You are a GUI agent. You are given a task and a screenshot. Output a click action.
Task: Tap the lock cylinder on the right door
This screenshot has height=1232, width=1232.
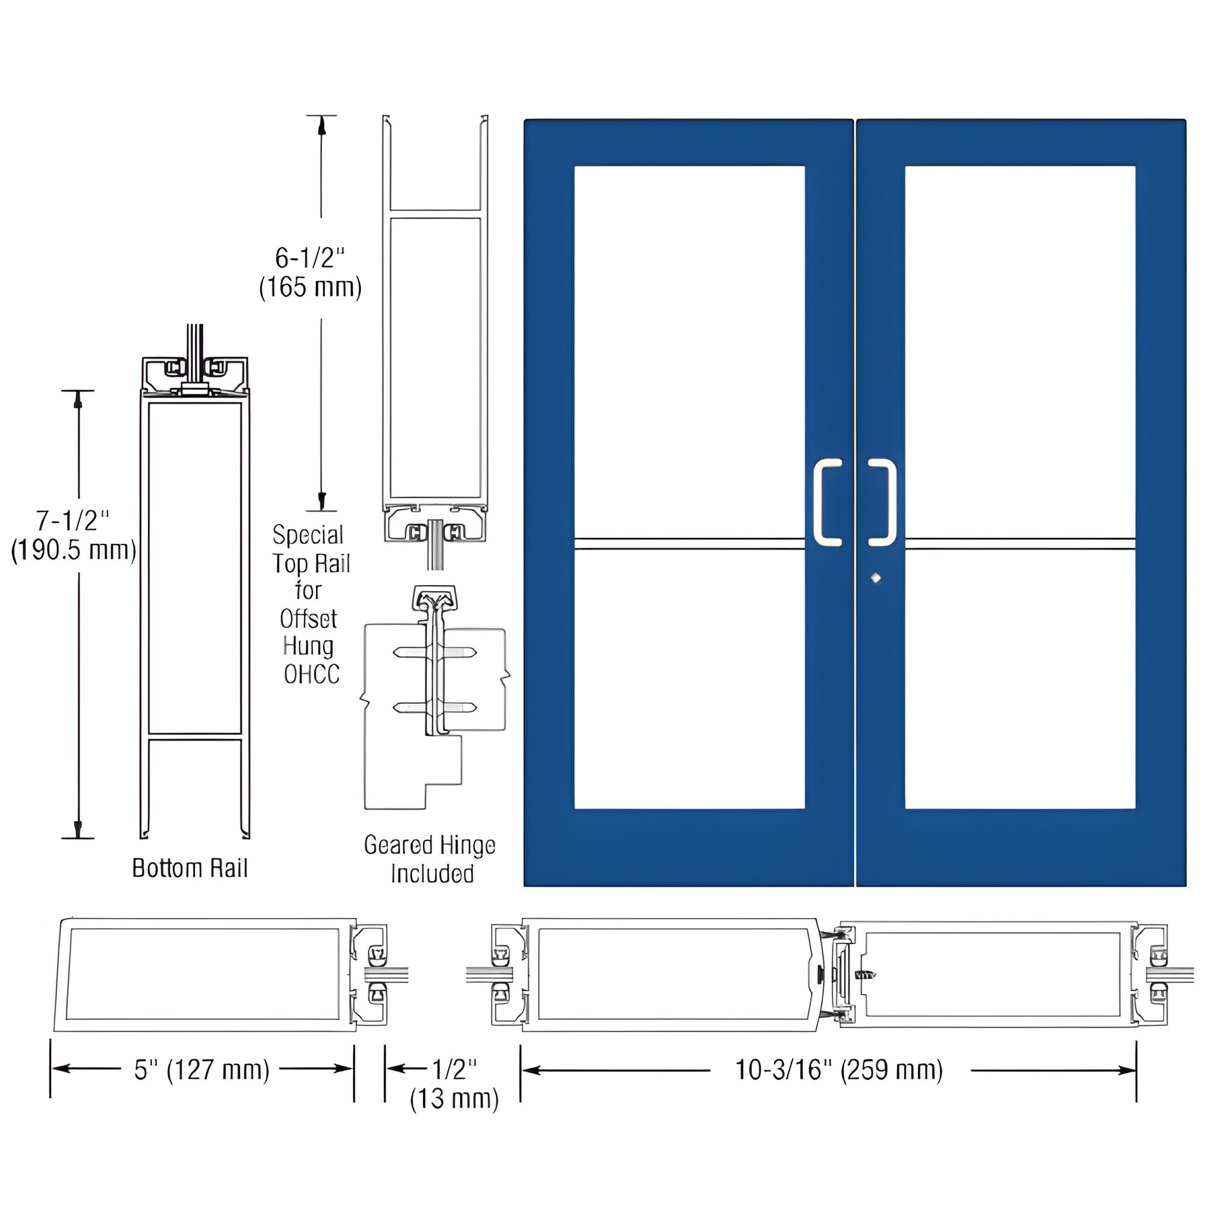[876, 579]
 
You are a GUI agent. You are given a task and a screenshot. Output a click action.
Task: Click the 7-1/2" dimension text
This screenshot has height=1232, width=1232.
[73, 521]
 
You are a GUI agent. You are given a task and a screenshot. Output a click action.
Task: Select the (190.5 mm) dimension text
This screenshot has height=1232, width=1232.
[74, 550]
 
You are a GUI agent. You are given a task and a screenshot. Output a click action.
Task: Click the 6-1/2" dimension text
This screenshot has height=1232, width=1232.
[310, 258]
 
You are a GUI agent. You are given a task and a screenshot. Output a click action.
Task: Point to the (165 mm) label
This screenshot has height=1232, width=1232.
[310, 287]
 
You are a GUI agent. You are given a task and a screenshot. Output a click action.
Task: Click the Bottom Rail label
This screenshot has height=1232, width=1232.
[190, 868]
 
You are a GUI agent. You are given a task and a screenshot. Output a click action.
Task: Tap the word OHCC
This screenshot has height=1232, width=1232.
[311, 674]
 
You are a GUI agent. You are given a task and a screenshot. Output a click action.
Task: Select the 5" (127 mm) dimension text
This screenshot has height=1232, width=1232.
[201, 1069]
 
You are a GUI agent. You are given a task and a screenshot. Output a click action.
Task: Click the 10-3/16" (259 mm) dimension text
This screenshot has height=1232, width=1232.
[839, 1069]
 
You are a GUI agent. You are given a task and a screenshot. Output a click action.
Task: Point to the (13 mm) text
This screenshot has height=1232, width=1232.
[454, 1098]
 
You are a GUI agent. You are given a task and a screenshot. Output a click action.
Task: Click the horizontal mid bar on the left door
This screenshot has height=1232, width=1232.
[689, 543]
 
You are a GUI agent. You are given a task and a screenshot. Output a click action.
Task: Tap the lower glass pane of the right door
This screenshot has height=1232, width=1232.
[1020, 679]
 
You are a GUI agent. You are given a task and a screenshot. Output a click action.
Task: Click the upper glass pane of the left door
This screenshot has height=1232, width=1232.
[689, 351]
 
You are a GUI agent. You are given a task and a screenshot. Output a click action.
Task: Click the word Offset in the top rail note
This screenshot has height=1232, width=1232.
[309, 619]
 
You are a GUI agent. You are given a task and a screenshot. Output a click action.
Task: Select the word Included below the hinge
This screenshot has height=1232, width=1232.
[432, 874]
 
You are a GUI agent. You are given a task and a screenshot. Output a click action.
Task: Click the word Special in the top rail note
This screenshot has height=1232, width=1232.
[308, 534]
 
